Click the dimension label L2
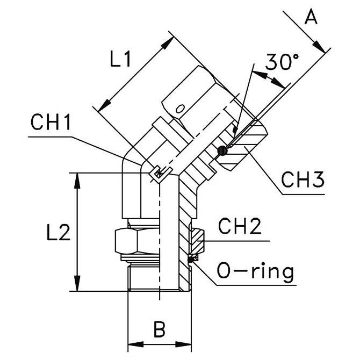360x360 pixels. tap(55, 233)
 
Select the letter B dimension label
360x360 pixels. tap(159, 329)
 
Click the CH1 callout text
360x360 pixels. tap(51, 123)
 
